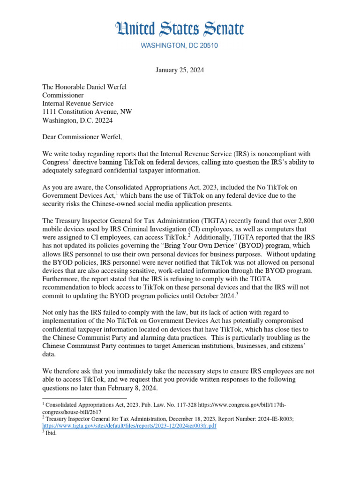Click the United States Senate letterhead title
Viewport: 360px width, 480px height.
point(180,30)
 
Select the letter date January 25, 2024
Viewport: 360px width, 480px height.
point(180,70)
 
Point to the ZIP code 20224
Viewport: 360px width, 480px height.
point(103,120)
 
